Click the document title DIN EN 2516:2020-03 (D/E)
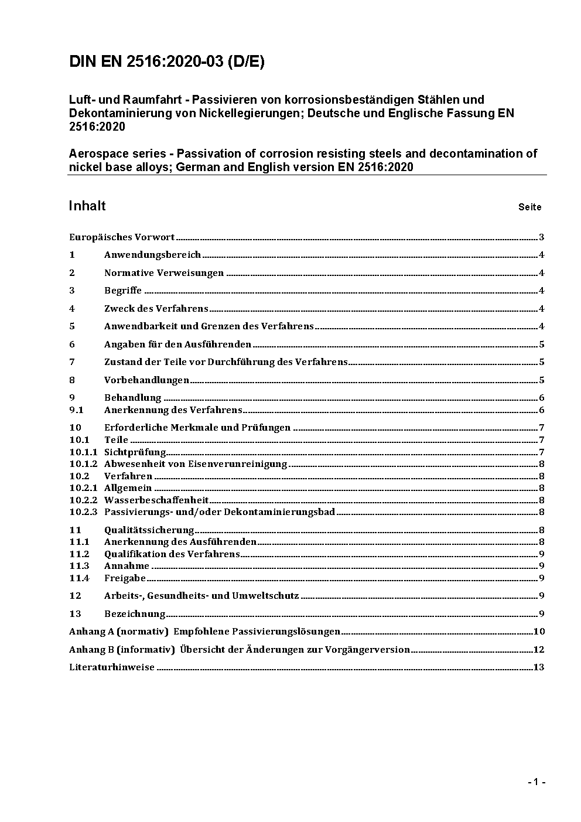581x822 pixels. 167,62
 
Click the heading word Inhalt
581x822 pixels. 87,206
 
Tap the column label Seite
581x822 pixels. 529,207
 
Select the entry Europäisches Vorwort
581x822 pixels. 122,237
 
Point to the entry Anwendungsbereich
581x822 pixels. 152,255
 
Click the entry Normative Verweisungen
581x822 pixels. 164,273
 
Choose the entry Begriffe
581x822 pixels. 123,291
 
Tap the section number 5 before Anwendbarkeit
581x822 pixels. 72,326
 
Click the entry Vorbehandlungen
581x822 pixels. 146,380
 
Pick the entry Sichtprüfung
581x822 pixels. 135,452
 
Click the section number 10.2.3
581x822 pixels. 83,512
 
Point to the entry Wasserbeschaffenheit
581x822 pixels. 156,500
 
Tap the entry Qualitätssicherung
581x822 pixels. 149,530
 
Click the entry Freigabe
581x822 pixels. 125,578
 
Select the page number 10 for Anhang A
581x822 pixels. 539,632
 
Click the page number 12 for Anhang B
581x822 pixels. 539,650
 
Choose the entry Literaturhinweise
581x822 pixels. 112,667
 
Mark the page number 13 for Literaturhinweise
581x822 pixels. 539,667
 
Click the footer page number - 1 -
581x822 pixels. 536,782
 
